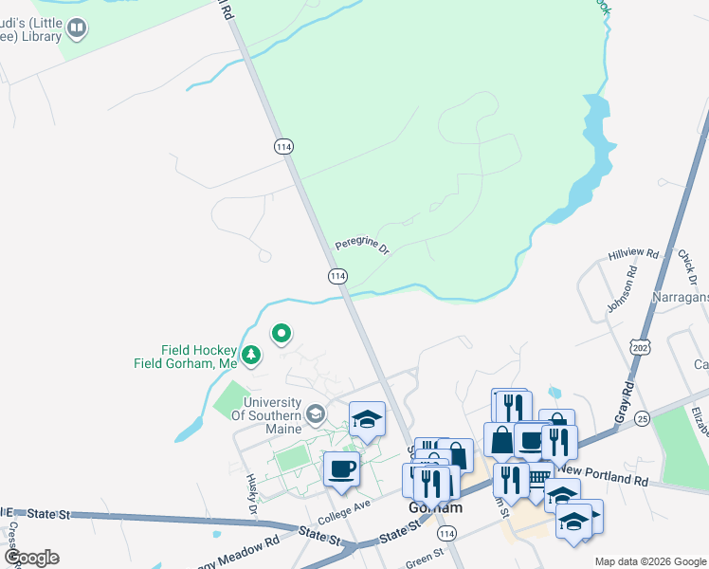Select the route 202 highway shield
(x=643, y=346)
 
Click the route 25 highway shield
(x=642, y=417)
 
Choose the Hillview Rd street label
(x=633, y=255)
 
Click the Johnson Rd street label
(x=621, y=294)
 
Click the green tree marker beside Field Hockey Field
(x=251, y=356)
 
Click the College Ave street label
(x=345, y=511)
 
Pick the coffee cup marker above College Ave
(x=341, y=467)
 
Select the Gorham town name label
(x=435, y=507)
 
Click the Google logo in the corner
(x=31, y=558)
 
